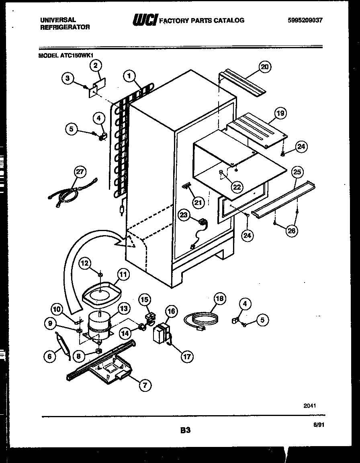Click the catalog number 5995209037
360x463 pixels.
pos(305,20)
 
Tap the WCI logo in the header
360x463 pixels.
pos(145,20)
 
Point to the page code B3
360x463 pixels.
pos(185,430)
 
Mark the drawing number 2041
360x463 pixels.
pos(309,406)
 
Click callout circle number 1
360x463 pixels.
pos(129,75)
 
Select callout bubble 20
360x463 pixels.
pos(264,67)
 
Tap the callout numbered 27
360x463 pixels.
pos(80,172)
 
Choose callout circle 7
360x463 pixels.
pos(145,385)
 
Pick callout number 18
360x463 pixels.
pos(220,299)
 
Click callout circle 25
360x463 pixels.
pos(297,173)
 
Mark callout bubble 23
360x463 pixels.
pos(184,215)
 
